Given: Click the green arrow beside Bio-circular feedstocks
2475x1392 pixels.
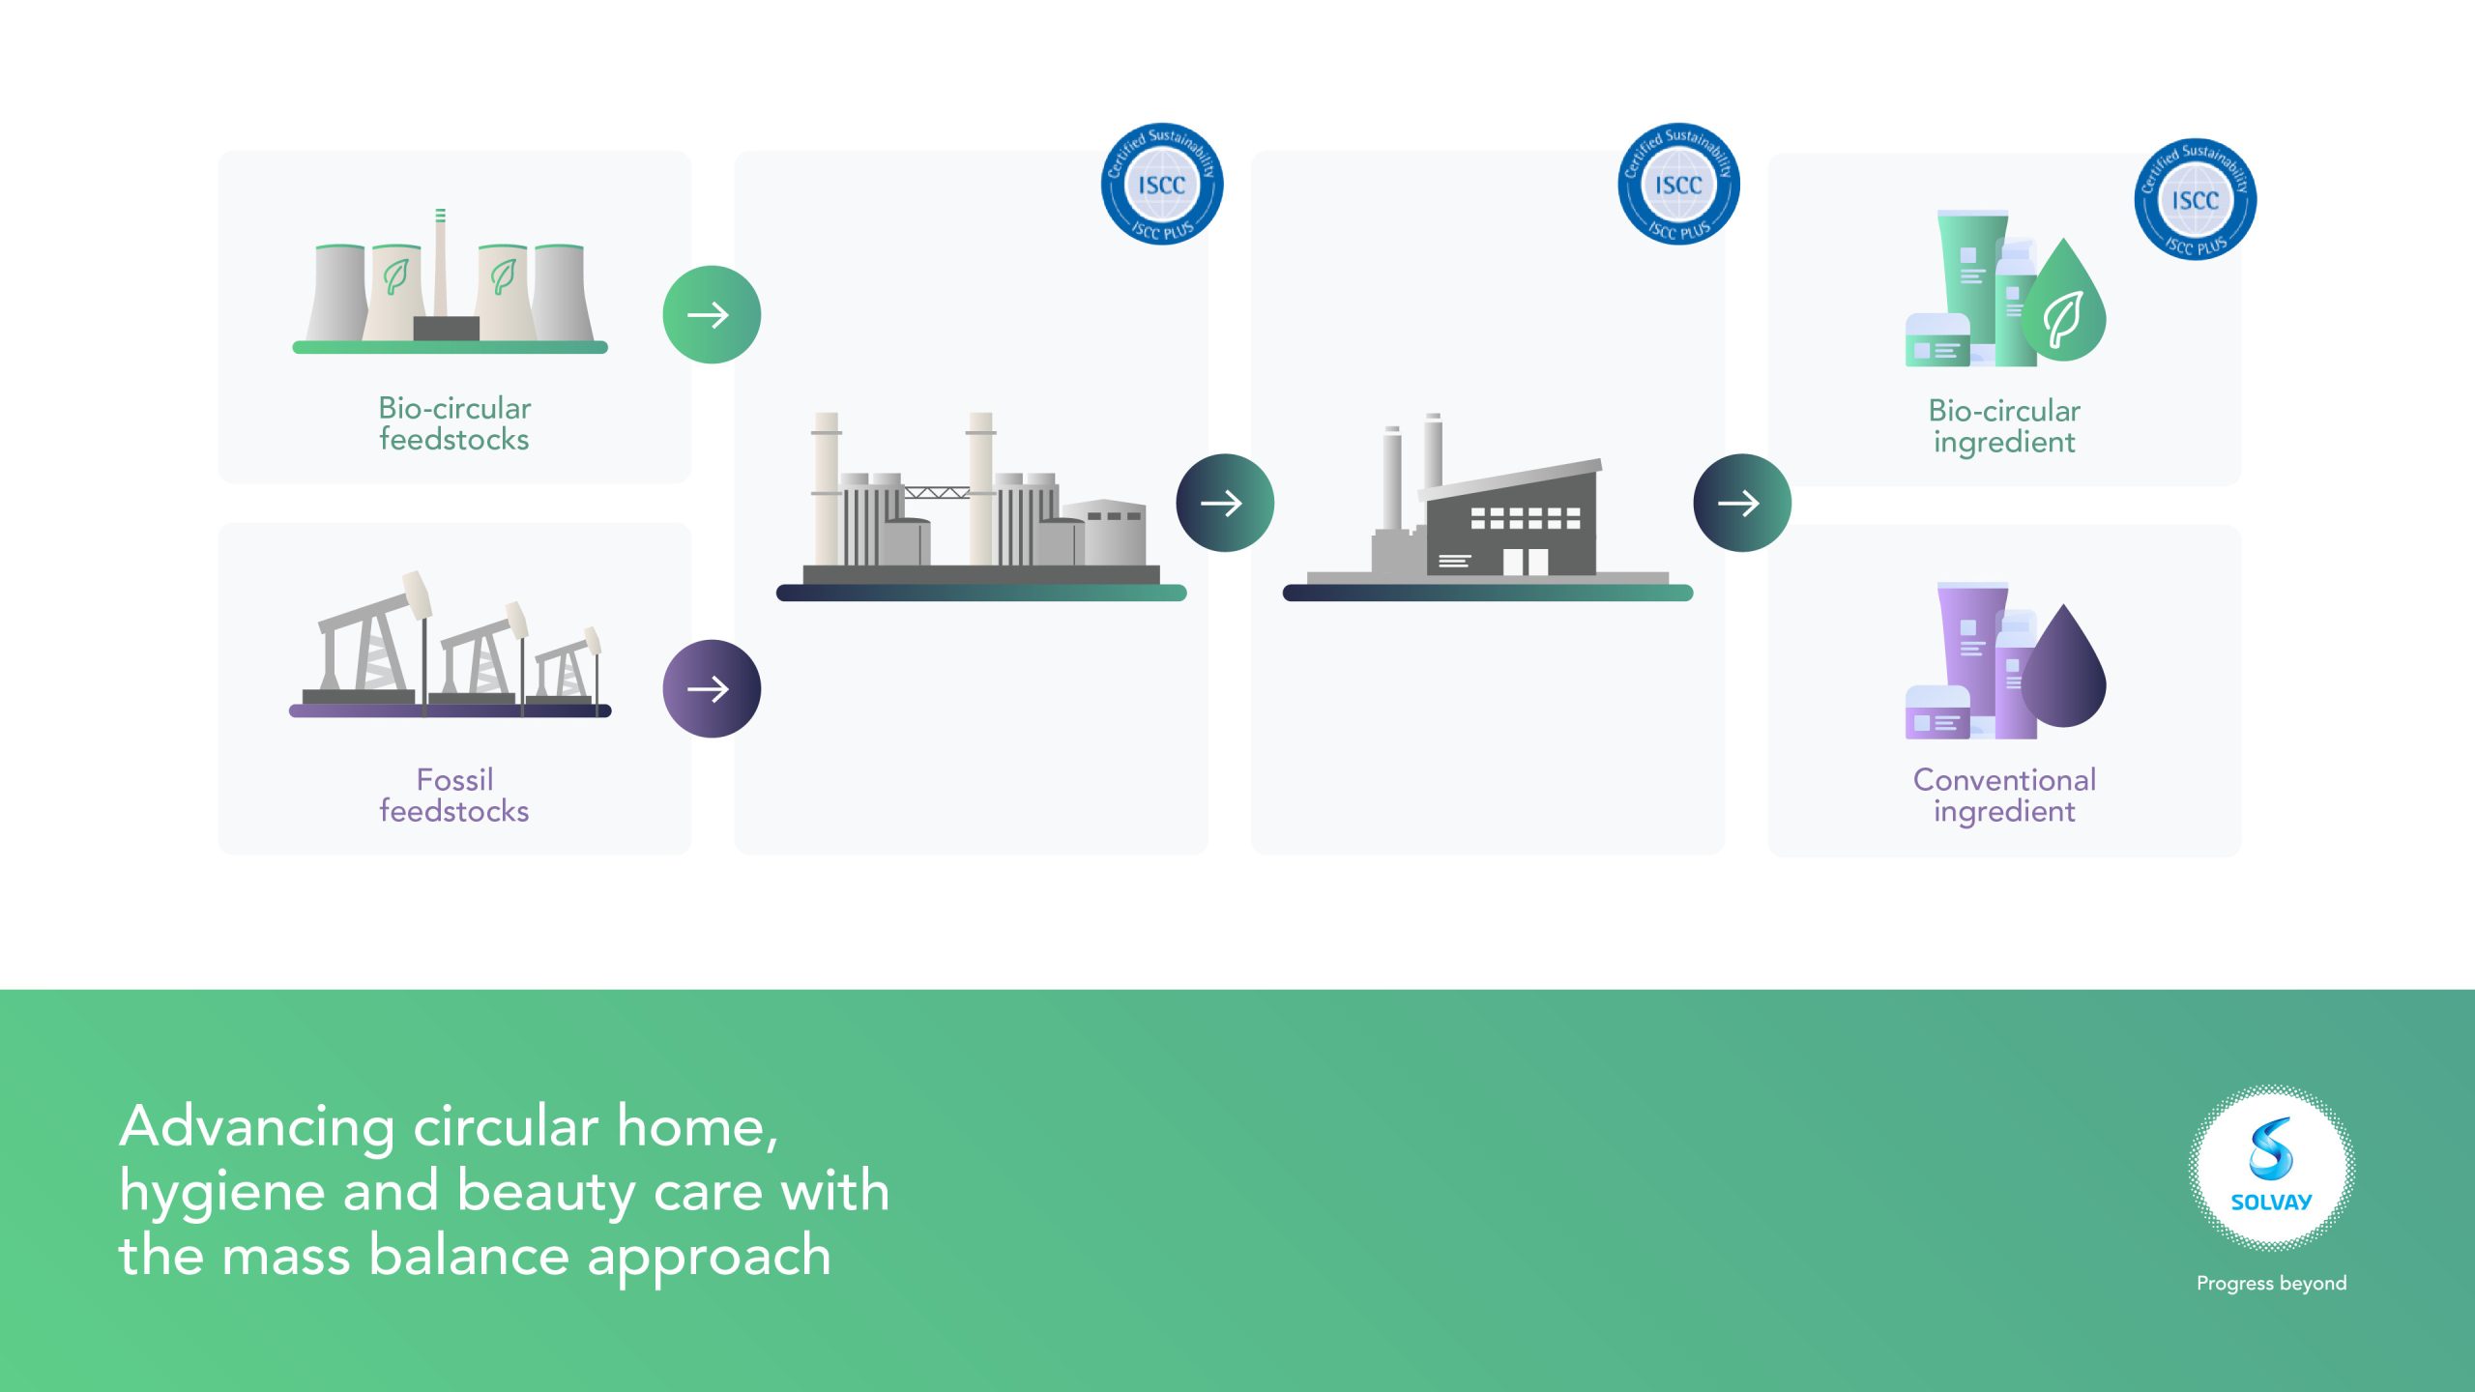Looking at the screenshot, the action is pos(712,315).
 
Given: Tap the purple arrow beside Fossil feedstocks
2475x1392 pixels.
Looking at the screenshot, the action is pos(712,689).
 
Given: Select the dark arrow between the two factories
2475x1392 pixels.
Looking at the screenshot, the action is pos(1225,503).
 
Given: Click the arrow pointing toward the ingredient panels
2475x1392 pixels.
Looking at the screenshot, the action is pos(1742,503).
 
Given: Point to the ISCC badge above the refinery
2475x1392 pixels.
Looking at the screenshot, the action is pos(1162,184).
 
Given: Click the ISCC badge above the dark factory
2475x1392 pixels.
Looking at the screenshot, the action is pos(1679,184).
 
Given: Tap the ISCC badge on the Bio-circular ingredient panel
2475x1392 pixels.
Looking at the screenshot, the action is pos(2196,199).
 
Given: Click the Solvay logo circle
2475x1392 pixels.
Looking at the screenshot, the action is pos(2272,1168).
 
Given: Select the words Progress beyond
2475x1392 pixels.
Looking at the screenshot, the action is pos(2272,1284).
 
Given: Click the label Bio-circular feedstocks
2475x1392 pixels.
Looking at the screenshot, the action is pos(454,423).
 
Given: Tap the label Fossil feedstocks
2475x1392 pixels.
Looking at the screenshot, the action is pos(454,795).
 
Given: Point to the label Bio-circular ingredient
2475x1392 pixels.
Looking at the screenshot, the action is pos(2004,426).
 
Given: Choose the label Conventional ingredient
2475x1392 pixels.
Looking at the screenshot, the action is pos(2004,796).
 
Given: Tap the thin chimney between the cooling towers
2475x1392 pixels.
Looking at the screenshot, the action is pos(440,263).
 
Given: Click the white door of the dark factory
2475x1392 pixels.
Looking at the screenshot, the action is pos(1525,562).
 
